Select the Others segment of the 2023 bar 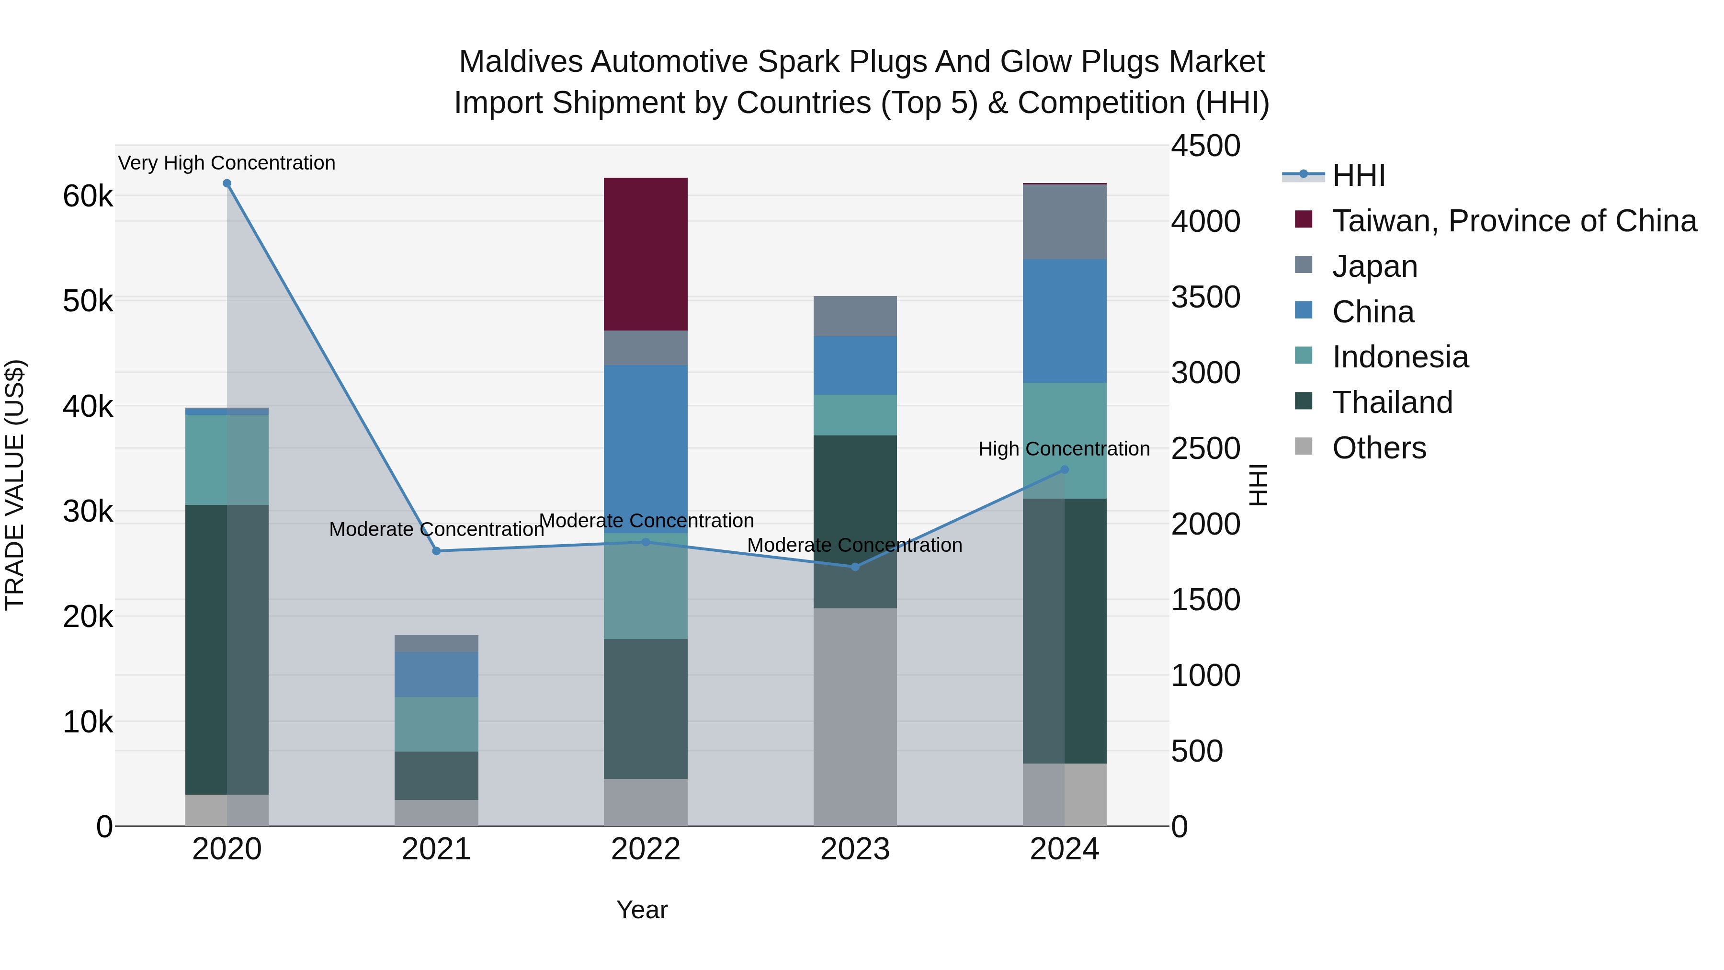tap(855, 716)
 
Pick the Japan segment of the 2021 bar tap(436, 643)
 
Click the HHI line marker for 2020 tap(227, 183)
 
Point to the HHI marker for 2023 tap(855, 567)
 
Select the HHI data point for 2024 tap(1065, 470)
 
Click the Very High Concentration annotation tap(227, 163)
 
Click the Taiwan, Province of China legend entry tap(1514, 221)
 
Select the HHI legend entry tap(1358, 175)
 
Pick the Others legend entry tap(1379, 448)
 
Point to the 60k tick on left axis tap(88, 196)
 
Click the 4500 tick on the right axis tap(1205, 146)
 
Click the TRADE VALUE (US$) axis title tap(15, 485)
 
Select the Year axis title tap(641, 910)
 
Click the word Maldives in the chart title tap(520, 62)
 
